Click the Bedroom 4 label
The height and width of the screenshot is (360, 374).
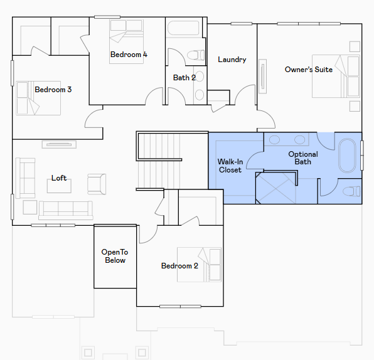tap(129, 55)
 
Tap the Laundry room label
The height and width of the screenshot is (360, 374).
tap(232, 60)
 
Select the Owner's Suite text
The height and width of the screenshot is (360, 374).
tap(309, 70)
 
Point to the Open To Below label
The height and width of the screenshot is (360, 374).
tap(115, 256)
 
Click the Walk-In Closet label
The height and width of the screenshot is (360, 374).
tap(230, 166)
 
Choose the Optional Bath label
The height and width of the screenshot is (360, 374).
tap(303, 158)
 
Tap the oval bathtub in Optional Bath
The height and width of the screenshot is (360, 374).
tap(347, 156)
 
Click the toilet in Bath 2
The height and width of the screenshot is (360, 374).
tap(196, 55)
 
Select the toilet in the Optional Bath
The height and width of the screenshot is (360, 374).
tap(351, 191)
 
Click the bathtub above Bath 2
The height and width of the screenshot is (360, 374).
tap(183, 28)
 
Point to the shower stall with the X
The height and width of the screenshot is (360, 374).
tap(275, 188)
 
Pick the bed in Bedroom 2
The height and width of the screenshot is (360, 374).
tap(199, 265)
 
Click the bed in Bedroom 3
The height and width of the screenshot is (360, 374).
tap(38, 98)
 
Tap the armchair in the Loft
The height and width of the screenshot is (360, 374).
tap(97, 184)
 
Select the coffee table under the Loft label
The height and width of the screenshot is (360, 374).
tap(59, 186)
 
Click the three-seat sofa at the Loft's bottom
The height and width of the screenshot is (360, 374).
tap(66, 210)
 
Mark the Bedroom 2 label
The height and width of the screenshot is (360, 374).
tap(179, 266)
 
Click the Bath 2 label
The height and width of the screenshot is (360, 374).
tap(184, 78)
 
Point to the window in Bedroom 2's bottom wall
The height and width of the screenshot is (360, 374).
tap(180, 306)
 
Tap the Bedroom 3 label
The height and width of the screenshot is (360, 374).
tap(53, 90)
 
